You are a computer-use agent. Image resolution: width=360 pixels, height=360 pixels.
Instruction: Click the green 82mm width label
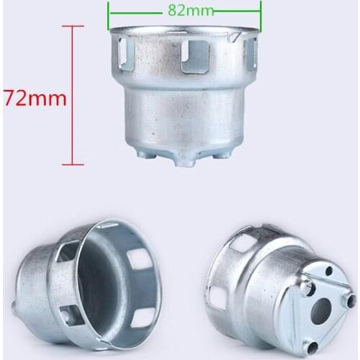184,12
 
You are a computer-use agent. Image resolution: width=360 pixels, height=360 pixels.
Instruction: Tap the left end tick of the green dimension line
108,12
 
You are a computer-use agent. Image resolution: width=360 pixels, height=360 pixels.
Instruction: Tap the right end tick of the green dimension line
260,12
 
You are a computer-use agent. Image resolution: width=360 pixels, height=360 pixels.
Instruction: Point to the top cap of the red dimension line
72,27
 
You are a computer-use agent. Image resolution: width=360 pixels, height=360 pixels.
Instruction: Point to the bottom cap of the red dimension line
72,164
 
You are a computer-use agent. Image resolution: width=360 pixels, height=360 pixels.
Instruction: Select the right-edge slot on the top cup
250,53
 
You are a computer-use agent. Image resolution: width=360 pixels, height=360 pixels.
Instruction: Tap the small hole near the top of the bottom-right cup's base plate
328,271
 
